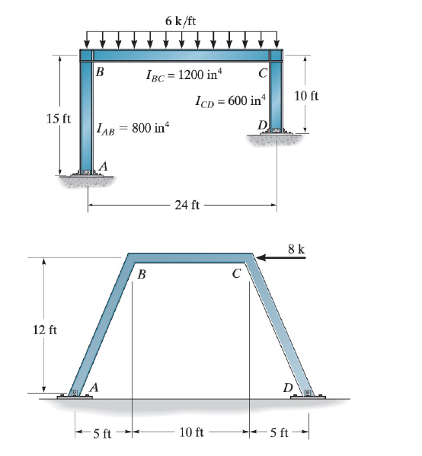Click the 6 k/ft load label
(181, 20)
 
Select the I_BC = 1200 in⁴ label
(183, 75)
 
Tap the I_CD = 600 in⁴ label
(232, 100)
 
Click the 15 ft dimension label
(59, 121)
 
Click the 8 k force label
(296, 249)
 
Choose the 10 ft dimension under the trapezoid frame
(190, 433)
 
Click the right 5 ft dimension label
(280, 434)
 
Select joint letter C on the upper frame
(262, 73)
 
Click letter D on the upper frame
(262, 125)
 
